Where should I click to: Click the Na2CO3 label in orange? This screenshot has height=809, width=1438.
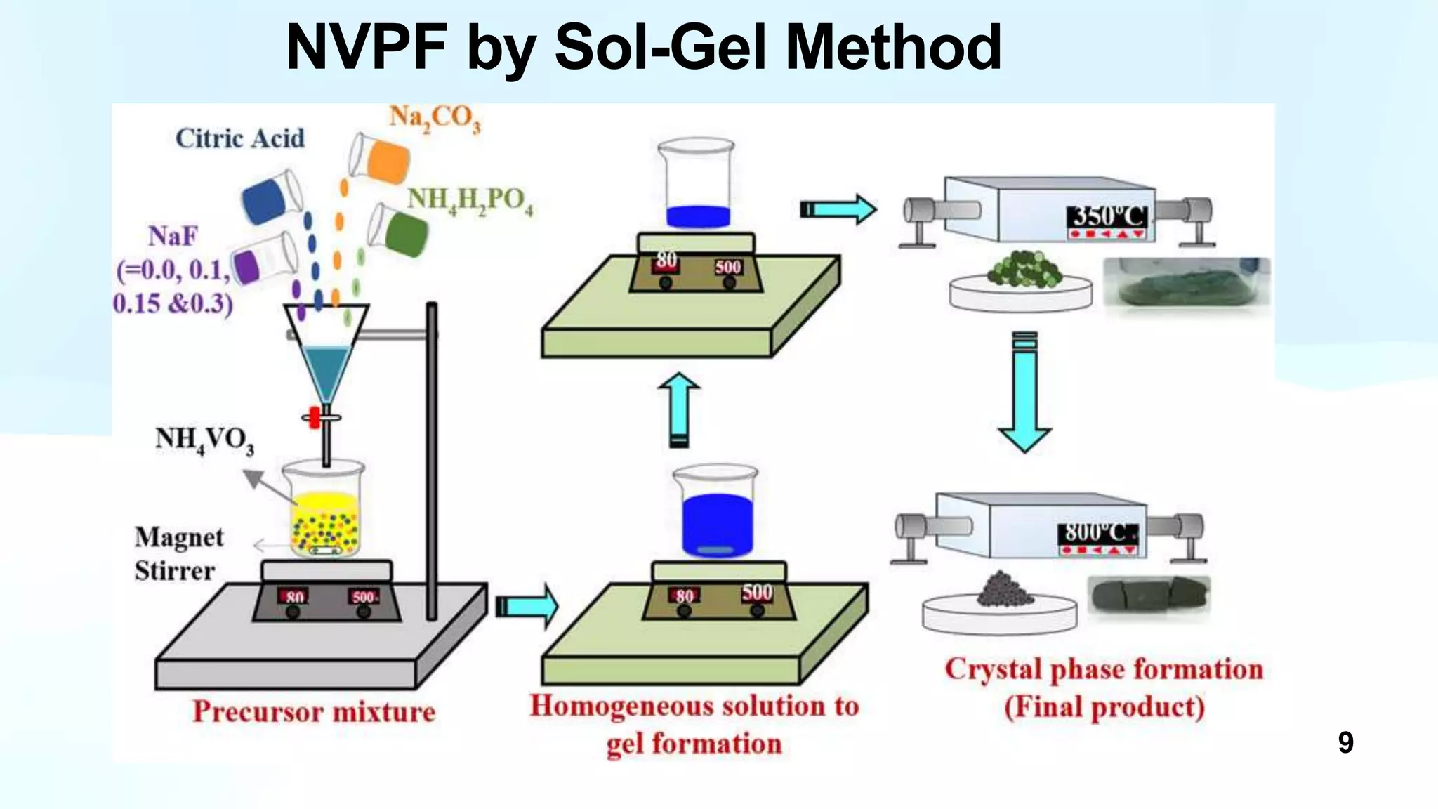435,118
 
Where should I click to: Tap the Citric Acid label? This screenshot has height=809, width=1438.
239,138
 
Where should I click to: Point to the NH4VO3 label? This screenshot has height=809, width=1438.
204,440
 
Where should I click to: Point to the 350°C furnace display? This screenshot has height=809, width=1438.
1107,217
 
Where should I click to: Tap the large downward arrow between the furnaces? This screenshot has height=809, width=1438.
1024,393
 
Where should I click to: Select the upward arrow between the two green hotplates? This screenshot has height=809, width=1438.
679,410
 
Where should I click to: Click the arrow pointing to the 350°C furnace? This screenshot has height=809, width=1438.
838,209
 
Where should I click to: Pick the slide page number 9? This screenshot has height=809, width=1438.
1345,742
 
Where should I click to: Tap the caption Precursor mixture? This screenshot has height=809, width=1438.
314,711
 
